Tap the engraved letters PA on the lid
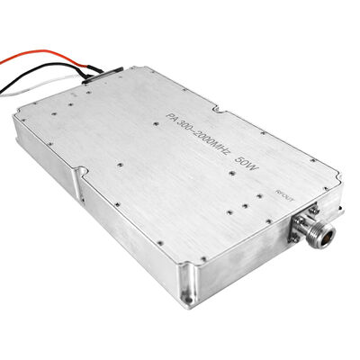(175, 114)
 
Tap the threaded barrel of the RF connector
(317, 238)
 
